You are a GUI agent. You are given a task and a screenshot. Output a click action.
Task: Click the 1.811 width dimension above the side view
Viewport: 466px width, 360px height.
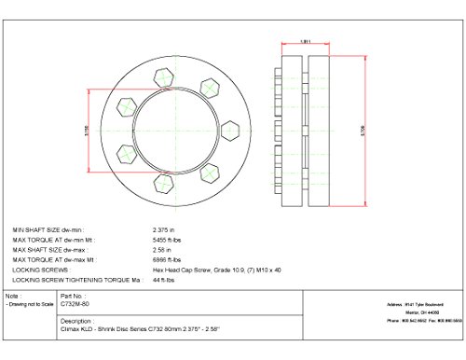coord(294,40)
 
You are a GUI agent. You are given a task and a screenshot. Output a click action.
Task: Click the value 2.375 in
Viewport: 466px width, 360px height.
coord(164,228)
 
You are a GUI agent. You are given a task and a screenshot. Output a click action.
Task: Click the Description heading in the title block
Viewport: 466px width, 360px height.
coord(72,318)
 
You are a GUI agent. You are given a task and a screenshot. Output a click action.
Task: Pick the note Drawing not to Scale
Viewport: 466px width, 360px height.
coord(29,305)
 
